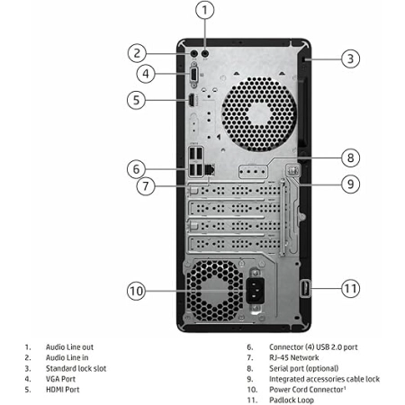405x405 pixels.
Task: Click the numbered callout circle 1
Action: [205, 10]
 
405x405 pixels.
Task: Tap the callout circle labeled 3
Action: [350, 58]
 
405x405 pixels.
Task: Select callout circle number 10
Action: [136, 291]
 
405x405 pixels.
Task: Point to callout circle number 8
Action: [350, 157]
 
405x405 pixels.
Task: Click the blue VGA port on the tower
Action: [193, 75]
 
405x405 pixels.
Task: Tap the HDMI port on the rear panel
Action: [191, 100]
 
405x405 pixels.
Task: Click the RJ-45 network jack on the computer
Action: [210, 170]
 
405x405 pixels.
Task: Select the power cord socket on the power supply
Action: [256, 291]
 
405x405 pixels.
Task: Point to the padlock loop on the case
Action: [305, 288]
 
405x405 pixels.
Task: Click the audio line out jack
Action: [205, 53]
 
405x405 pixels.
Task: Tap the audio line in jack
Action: [194, 53]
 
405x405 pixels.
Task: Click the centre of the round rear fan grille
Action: [259, 114]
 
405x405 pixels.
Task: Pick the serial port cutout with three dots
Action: [252, 172]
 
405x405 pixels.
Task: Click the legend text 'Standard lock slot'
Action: [76, 368]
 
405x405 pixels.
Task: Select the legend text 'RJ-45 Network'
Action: [294, 357]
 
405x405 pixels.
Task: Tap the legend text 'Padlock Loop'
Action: [292, 400]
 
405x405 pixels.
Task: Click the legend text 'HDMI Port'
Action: [62, 390]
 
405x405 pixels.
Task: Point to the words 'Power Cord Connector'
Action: [306, 390]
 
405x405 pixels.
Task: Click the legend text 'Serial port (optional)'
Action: [303, 368]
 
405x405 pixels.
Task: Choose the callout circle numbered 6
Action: [136, 169]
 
